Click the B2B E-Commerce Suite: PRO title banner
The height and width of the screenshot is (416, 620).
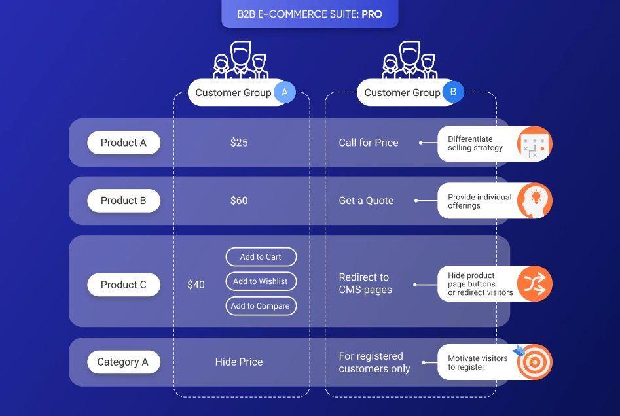pos(310,14)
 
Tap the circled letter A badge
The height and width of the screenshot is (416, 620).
pos(284,93)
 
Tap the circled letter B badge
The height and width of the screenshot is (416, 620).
pos(453,93)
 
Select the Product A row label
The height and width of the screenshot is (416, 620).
pos(124,143)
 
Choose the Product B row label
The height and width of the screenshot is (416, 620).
pos(124,201)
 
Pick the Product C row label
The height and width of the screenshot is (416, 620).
pos(124,285)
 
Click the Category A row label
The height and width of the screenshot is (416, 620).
pos(123,362)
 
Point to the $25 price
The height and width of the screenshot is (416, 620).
pos(239,143)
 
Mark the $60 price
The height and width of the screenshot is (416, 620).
pos(239,201)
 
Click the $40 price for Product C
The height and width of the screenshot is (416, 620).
pos(196,285)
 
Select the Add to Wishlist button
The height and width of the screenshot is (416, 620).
pos(261,281)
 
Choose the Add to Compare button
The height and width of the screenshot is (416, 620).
pos(261,306)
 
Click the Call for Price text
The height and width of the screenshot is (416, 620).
pos(369,143)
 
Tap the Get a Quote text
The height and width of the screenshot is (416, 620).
pos(366,201)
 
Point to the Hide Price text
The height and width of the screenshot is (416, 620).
pos(239,362)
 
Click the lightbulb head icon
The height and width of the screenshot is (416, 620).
pos(534,201)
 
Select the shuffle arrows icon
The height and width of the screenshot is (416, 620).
pos(534,285)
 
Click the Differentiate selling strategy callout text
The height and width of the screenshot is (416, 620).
pos(475,143)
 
